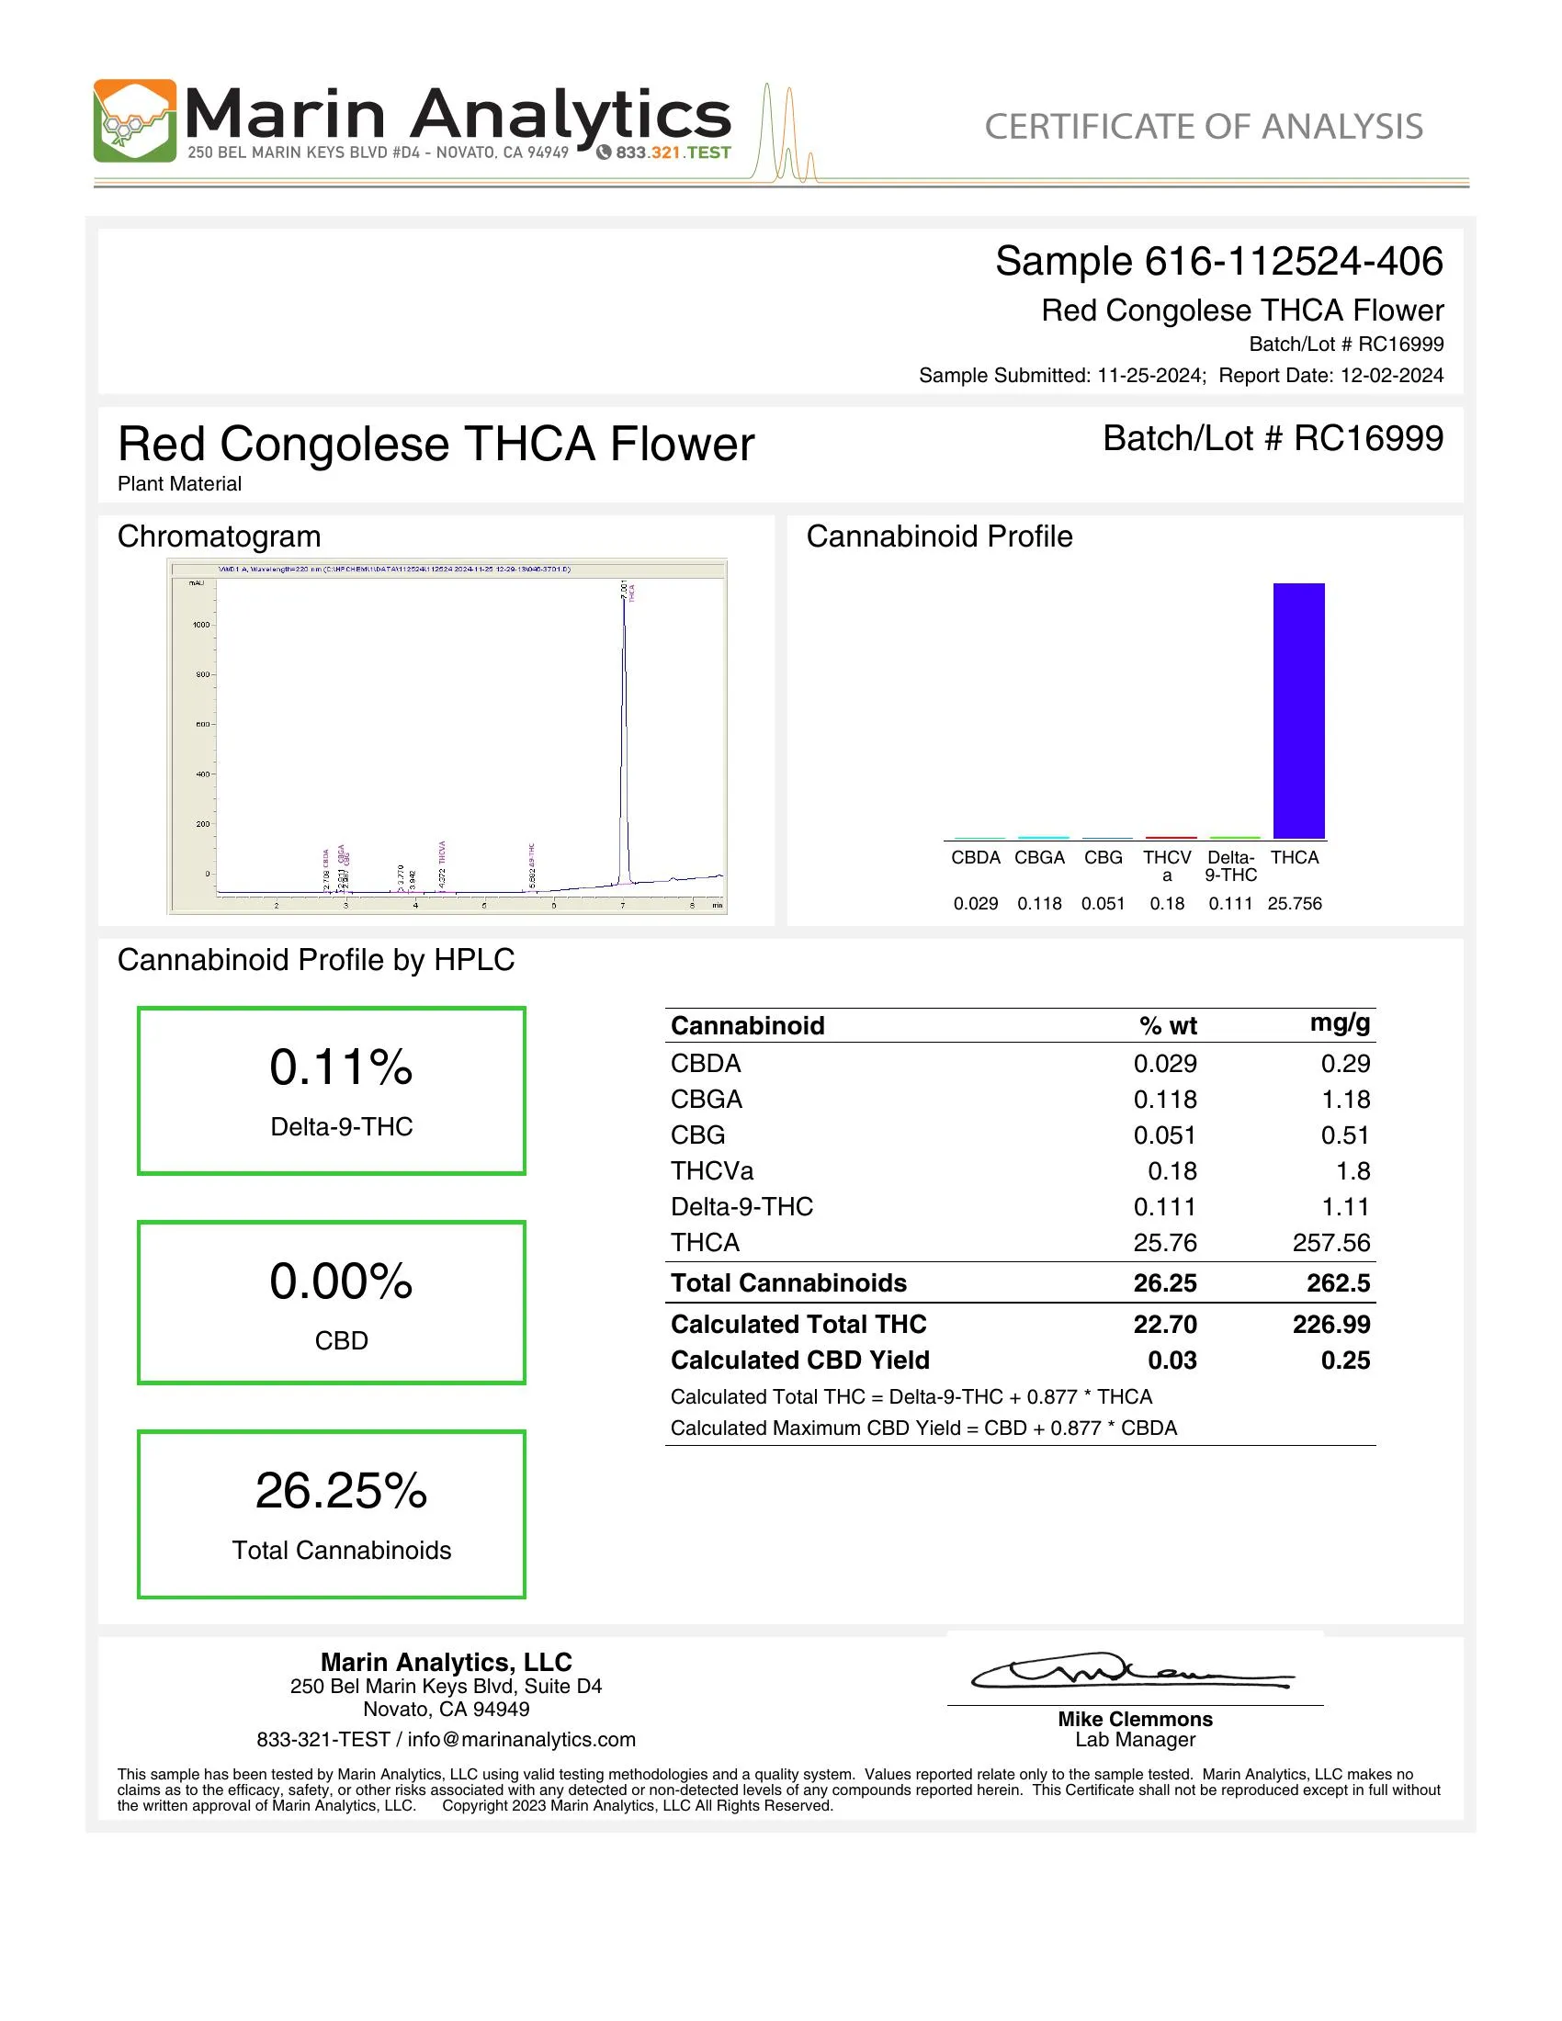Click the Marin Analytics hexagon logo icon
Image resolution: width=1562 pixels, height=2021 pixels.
coord(134,121)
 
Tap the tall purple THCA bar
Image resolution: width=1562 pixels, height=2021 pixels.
coord(1298,710)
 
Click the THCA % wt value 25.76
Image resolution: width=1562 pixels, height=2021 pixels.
coord(1164,1242)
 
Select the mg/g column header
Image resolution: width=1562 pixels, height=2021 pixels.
coord(1339,1022)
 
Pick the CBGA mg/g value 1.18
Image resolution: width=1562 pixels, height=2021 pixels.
coord(1344,1100)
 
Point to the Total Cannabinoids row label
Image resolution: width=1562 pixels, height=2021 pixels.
coord(788,1282)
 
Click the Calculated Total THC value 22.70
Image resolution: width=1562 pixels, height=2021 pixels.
coord(1164,1324)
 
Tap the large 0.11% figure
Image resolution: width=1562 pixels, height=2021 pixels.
coord(341,1067)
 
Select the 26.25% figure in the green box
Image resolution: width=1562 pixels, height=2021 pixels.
coord(341,1491)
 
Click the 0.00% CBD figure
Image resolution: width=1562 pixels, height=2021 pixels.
coord(341,1281)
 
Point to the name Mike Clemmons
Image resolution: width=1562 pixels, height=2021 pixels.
coord(1135,1719)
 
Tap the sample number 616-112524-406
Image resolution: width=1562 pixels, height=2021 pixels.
coord(1293,262)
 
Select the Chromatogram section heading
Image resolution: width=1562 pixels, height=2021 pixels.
coord(220,536)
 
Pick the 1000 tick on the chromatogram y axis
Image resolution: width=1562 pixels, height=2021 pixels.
coord(201,625)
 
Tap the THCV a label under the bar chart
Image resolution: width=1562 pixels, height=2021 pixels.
coord(1167,865)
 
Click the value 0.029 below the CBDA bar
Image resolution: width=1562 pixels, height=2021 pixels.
coord(975,903)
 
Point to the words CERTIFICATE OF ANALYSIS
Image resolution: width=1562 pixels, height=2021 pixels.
coord(1203,127)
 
